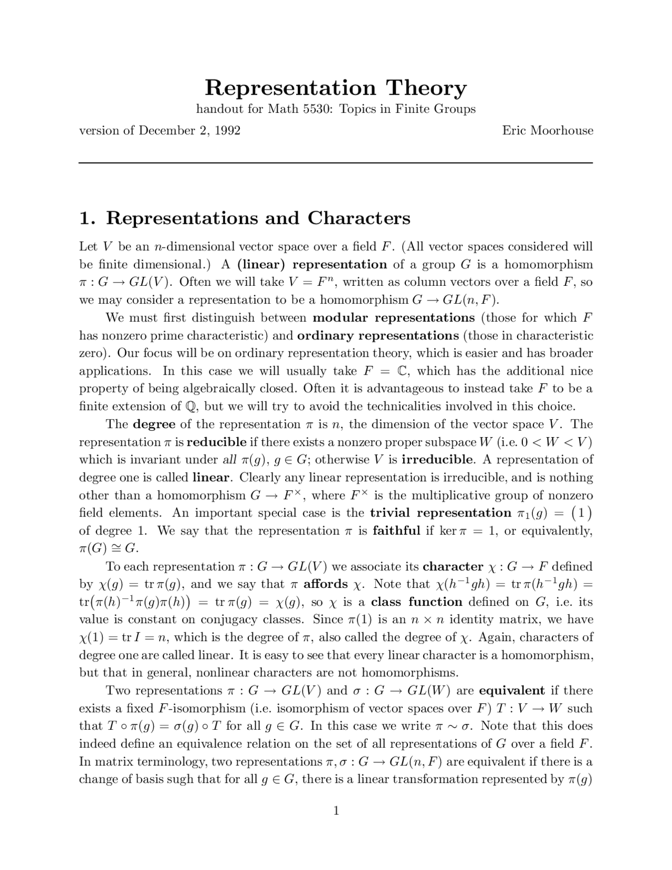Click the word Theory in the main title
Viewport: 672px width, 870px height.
(426, 88)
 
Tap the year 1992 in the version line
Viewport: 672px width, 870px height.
(227, 130)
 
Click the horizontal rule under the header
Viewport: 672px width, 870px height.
(336, 163)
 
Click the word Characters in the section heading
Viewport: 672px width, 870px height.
(359, 218)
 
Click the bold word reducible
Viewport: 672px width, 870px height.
(216, 442)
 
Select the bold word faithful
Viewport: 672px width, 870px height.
(396, 531)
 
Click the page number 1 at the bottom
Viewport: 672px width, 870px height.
(336, 811)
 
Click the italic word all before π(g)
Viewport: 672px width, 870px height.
(229, 460)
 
